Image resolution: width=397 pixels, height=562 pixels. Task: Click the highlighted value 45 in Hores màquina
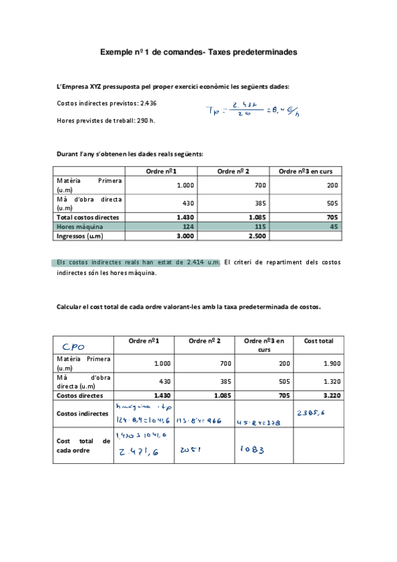pos(333,226)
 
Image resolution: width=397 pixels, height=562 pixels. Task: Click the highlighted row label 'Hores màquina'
pos(78,226)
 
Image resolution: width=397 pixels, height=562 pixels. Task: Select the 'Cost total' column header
pos(319,341)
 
